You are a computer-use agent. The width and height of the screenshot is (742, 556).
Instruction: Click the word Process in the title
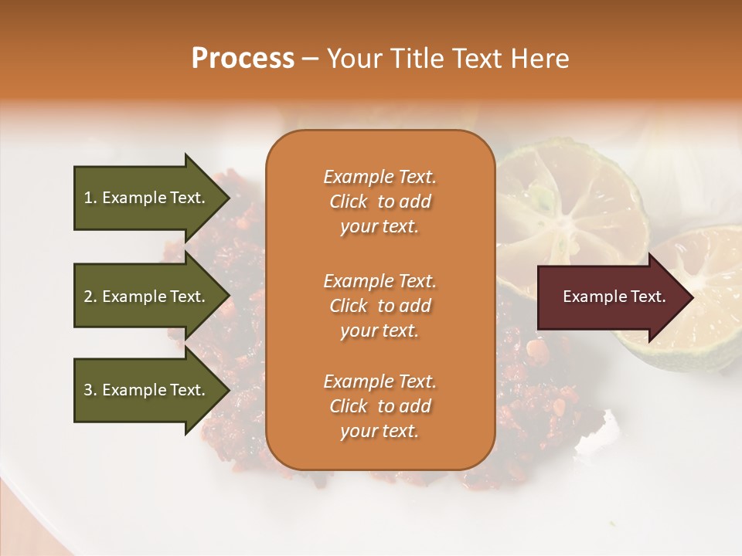[243, 59]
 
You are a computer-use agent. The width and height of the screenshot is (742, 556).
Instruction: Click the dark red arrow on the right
[611, 297]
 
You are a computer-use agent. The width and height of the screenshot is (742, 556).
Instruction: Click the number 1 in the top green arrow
[88, 198]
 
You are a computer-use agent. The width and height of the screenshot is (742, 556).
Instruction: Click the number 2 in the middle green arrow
[88, 297]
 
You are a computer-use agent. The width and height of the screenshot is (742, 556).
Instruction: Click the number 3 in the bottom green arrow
[88, 390]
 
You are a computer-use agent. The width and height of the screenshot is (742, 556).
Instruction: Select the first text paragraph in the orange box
[380, 202]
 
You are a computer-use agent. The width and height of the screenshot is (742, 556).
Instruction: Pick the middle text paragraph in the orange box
[380, 305]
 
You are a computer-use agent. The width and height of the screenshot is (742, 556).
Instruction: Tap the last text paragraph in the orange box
[380, 406]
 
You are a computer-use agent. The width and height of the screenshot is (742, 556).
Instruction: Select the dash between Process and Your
[311, 59]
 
